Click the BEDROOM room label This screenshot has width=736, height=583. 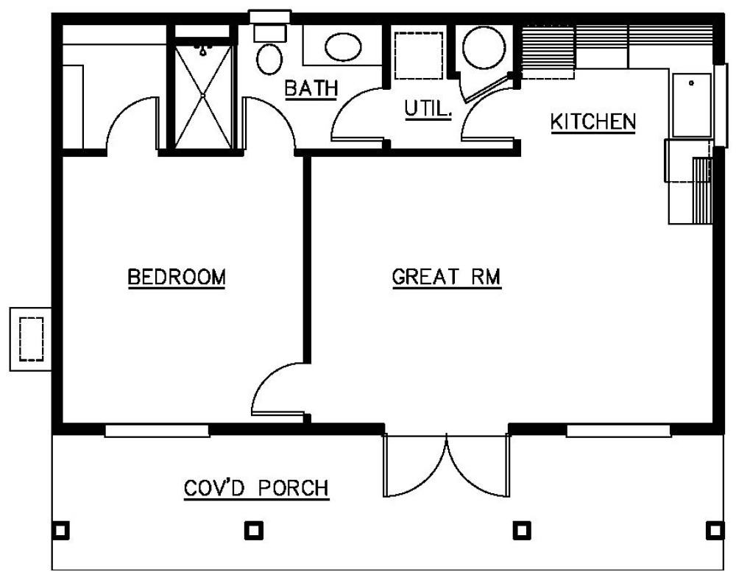(x=176, y=278)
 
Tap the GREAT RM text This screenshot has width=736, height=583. (x=446, y=278)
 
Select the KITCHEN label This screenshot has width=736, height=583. (x=593, y=121)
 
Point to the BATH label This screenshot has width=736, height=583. (x=311, y=88)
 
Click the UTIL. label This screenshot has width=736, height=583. (x=427, y=109)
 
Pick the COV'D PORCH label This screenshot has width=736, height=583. (x=255, y=488)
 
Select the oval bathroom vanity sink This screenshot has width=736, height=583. (x=343, y=47)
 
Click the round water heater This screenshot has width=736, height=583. (x=484, y=47)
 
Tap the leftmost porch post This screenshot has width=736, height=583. (x=62, y=529)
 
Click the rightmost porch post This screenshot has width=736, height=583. (x=712, y=529)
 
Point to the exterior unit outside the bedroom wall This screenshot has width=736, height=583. (x=30, y=339)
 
